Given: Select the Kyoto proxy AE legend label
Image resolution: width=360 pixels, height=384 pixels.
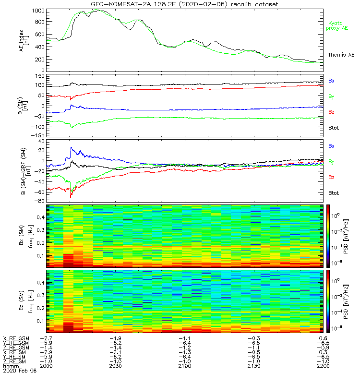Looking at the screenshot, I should (337, 25).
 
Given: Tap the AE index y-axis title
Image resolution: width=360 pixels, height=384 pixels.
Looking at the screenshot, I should (23, 41).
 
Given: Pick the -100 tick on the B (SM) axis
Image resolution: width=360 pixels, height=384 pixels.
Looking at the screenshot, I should (37, 127).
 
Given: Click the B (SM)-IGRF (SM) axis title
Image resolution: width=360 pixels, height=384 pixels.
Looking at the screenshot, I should (23, 171).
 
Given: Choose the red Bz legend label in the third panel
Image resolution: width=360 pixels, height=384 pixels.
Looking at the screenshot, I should (331, 177).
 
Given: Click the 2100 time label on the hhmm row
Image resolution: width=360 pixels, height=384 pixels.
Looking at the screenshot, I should (185, 366).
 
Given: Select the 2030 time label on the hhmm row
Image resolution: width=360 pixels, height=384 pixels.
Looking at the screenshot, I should (116, 366).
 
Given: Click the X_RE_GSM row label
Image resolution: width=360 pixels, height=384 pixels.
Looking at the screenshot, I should (16, 338).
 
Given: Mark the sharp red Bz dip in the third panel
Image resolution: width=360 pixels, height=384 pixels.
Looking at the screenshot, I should (71, 197).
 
